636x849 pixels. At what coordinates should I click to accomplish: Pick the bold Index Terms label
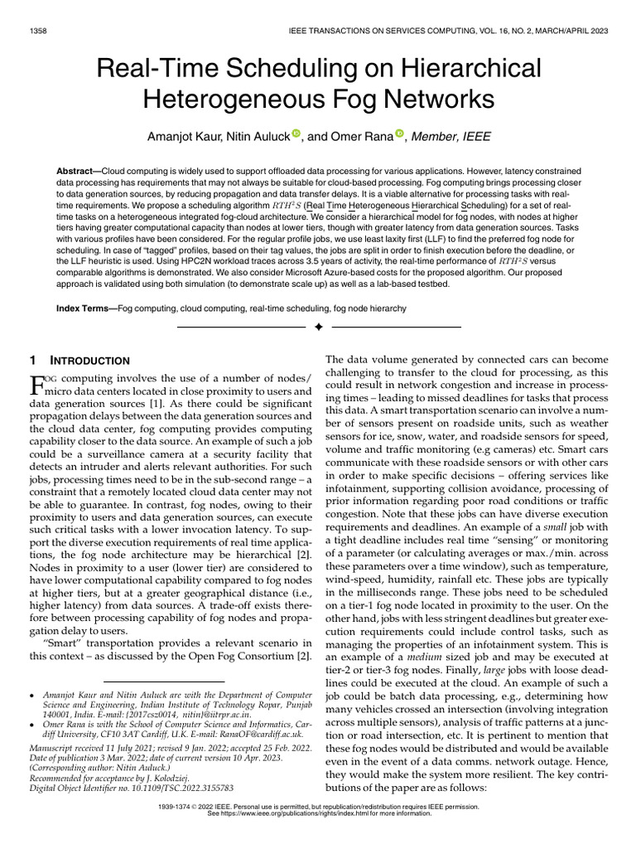[x=86, y=308]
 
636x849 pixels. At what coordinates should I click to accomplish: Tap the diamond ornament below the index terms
[x=318, y=327]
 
